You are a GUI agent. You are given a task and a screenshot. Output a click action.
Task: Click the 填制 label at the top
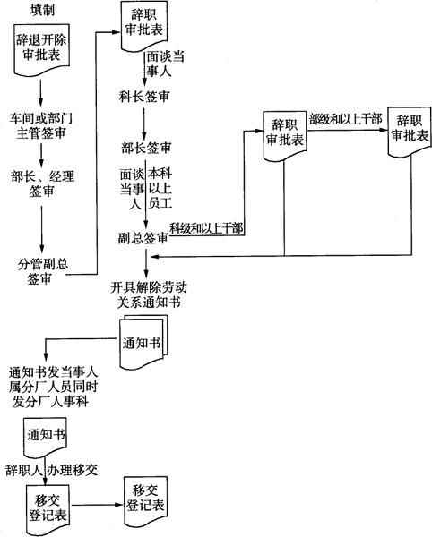click(42, 10)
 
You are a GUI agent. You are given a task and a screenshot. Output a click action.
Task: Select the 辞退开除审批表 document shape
click(42, 49)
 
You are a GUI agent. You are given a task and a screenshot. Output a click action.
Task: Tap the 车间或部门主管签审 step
click(41, 125)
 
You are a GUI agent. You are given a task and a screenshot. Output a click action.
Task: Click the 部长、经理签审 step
click(42, 183)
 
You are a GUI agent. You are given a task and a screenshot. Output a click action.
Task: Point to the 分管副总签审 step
click(43, 271)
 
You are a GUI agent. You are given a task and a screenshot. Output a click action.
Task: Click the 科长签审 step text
click(144, 97)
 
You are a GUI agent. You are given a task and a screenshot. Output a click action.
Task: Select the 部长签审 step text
click(146, 148)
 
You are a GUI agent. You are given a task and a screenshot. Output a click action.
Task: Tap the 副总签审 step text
click(143, 238)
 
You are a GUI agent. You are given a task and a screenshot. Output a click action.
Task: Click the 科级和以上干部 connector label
click(207, 228)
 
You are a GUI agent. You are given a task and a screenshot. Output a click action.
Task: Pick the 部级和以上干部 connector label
click(346, 120)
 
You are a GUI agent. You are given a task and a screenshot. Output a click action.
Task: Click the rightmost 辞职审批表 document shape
click(410, 132)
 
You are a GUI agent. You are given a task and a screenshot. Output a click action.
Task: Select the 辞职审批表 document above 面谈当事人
click(144, 26)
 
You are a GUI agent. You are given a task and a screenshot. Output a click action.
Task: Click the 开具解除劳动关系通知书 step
click(149, 294)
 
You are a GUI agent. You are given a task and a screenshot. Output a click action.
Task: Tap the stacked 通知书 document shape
click(144, 343)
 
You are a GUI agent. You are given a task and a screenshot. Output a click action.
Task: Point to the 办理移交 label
click(72, 470)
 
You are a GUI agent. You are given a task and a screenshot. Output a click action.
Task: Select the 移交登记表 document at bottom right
click(145, 501)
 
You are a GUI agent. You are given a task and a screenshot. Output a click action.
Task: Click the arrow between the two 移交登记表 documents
click(97, 505)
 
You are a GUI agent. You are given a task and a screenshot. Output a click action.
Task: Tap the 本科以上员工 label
click(160, 188)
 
